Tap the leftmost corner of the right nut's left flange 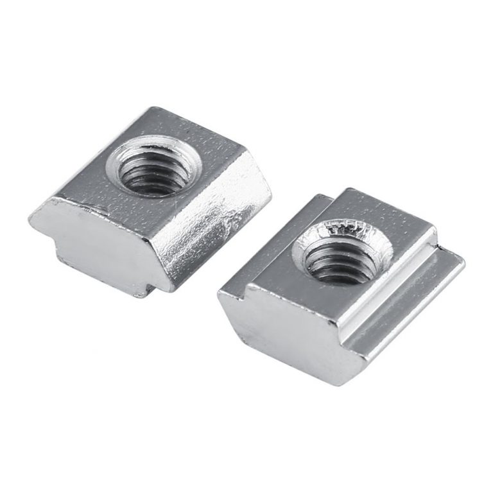[x=219, y=292]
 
